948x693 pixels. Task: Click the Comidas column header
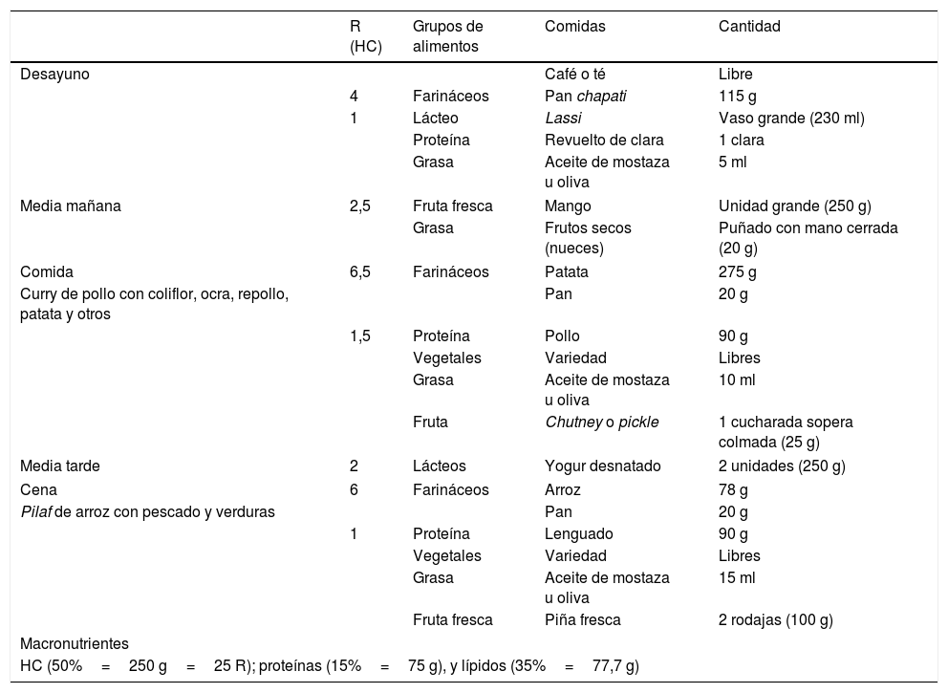(x=571, y=27)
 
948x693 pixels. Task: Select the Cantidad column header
(x=749, y=27)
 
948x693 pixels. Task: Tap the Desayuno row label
(x=55, y=75)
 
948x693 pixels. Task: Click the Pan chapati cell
(x=585, y=96)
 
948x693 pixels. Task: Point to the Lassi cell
(x=562, y=118)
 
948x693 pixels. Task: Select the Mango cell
(x=568, y=206)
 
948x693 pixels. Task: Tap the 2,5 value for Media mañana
(x=360, y=206)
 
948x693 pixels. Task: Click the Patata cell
(x=567, y=271)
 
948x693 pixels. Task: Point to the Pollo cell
(x=562, y=336)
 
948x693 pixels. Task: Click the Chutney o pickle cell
(x=601, y=422)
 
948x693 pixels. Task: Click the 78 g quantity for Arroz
(x=733, y=489)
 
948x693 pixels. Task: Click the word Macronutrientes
(x=75, y=644)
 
